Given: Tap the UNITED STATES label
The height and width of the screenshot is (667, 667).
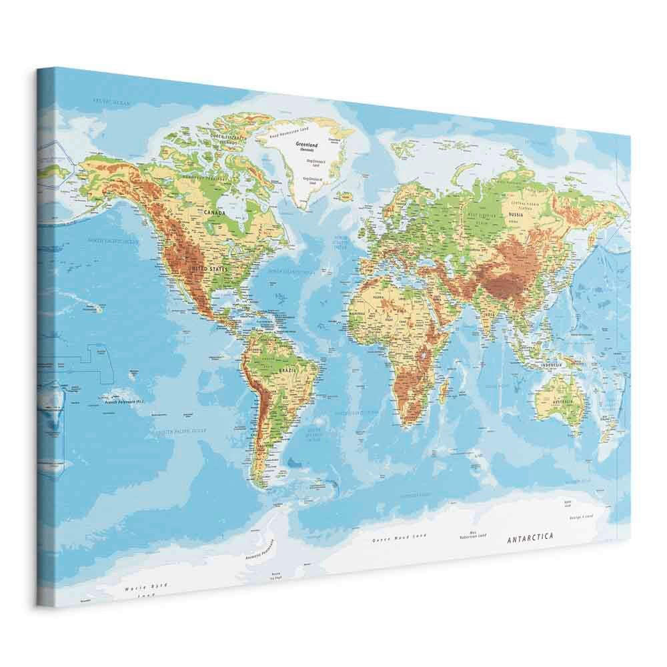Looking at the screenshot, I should (209, 269).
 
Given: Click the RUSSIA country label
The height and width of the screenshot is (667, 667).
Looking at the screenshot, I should (516, 215).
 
